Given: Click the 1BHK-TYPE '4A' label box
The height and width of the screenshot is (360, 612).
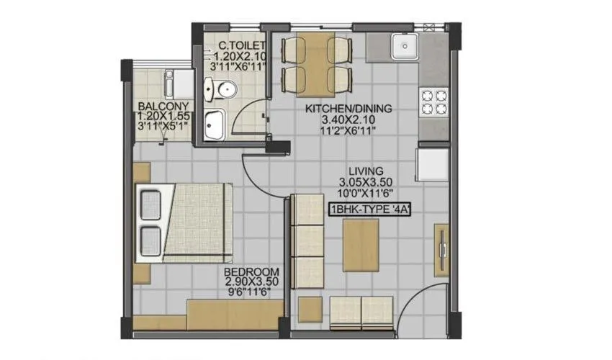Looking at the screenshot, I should [x=374, y=211].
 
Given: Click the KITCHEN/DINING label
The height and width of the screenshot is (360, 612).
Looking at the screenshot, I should [x=348, y=109].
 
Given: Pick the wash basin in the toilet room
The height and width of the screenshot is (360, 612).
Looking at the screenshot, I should [x=213, y=125].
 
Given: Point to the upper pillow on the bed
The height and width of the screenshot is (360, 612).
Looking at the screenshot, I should [x=150, y=202].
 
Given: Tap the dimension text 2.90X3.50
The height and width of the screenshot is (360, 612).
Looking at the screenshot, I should [x=247, y=282].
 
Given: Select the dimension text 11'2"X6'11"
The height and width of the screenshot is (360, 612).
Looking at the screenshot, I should [x=348, y=131].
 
